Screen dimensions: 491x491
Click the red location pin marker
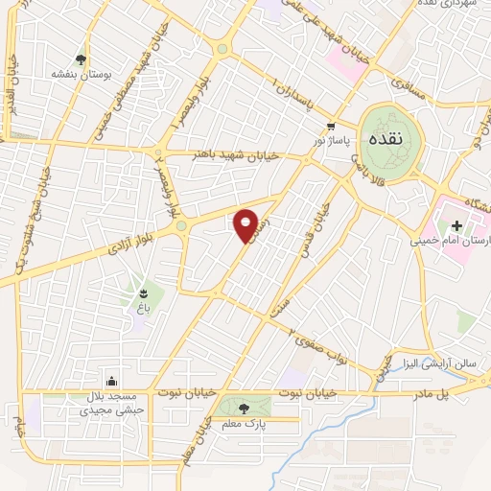click(x=246, y=224)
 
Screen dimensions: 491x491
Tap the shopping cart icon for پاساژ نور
click(x=331, y=126)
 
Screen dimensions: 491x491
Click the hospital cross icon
click(x=456, y=225)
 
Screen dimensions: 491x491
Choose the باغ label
click(x=141, y=309)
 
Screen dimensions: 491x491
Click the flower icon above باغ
click(x=142, y=292)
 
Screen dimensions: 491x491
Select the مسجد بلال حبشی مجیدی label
click(x=111, y=401)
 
